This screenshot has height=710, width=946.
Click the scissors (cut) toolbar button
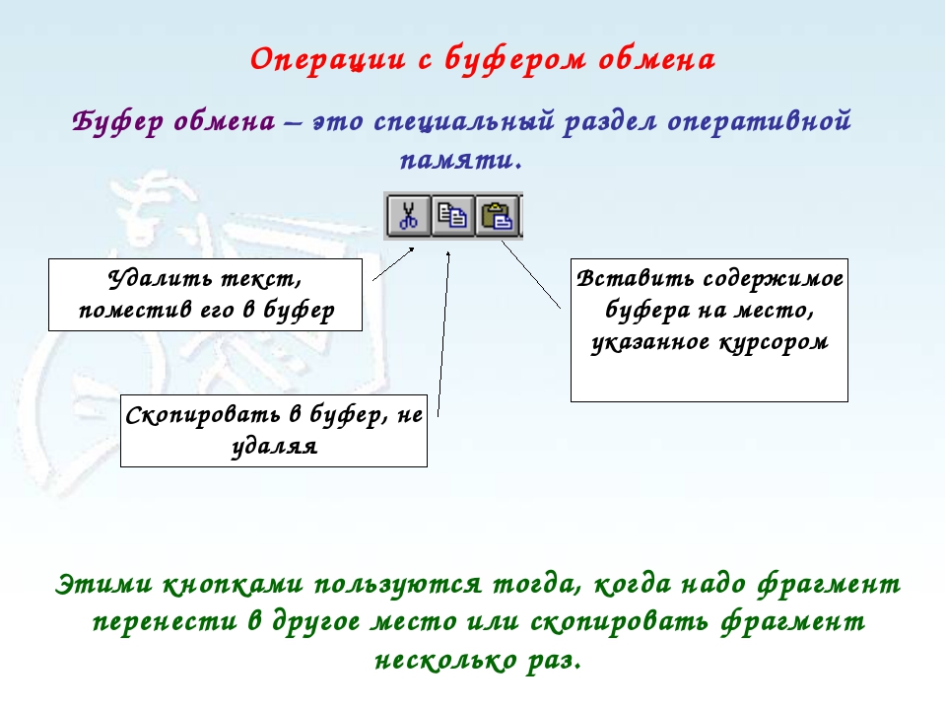click(x=408, y=216)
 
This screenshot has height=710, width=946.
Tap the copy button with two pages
click(x=452, y=216)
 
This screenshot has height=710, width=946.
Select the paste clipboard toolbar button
click(x=497, y=216)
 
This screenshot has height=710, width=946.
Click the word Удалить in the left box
click(x=160, y=279)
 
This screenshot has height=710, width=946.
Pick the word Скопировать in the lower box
click(x=203, y=415)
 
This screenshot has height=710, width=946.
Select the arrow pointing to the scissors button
click(x=393, y=264)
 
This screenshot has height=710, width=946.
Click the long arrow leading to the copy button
click(x=443, y=334)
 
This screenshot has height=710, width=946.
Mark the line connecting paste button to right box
click(x=531, y=275)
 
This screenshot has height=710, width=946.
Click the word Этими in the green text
click(x=103, y=585)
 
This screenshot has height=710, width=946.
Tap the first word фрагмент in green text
click(x=829, y=585)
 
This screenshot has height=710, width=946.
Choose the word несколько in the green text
click(x=444, y=660)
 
